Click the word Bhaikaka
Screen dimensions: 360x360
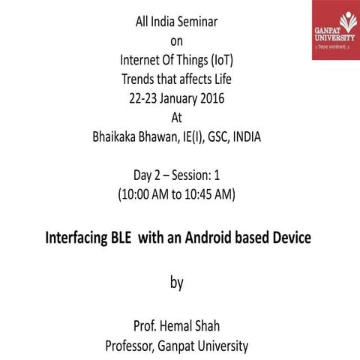click(x=116, y=136)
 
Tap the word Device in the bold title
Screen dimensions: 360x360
click(x=288, y=238)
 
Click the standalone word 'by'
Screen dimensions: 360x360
click(x=176, y=283)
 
